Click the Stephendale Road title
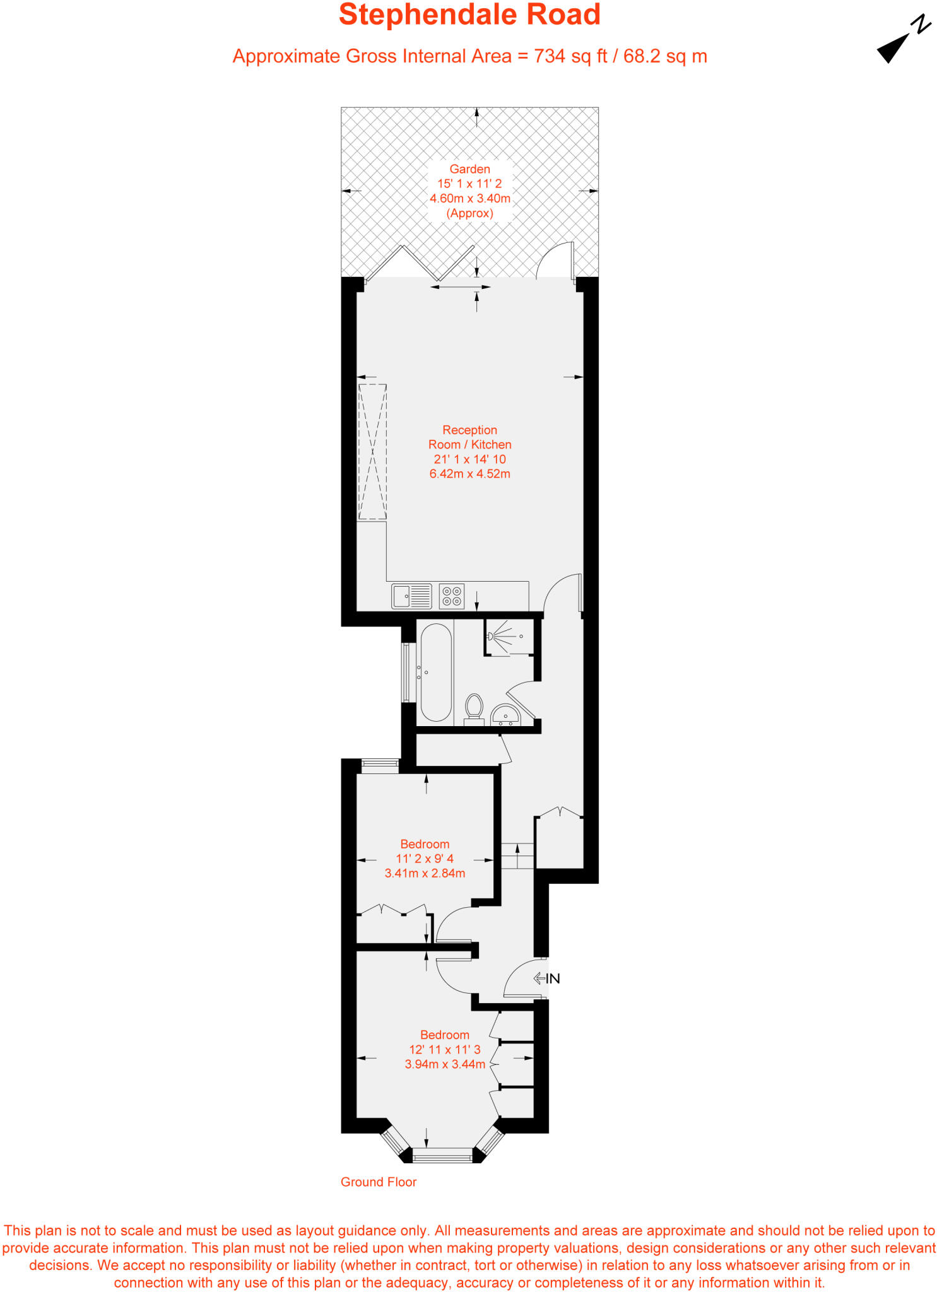pyautogui.click(x=469, y=15)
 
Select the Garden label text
pyautogui.click(x=469, y=169)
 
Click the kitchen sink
pyautogui.click(x=411, y=596)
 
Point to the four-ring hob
pyautogui.click(x=452, y=596)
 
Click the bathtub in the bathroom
pyautogui.click(x=435, y=672)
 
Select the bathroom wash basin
pyautogui.click(x=505, y=715)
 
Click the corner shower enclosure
pyautogui.click(x=510, y=637)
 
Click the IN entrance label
pyautogui.click(x=552, y=978)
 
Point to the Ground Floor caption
pyautogui.click(x=379, y=1182)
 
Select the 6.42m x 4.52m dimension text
pyautogui.click(x=469, y=474)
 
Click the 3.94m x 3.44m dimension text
pyautogui.click(x=445, y=1064)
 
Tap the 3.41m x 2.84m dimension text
pyautogui.click(x=425, y=874)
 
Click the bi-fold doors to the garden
pyautogui.click(x=420, y=264)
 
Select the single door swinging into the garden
pyautogui.click(x=556, y=261)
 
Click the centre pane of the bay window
pyautogui.click(x=442, y=1156)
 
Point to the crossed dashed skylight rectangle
pyautogui.click(x=372, y=452)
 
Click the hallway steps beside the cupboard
pyautogui.click(x=517, y=855)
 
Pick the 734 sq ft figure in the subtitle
pyautogui.click(x=570, y=57)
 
